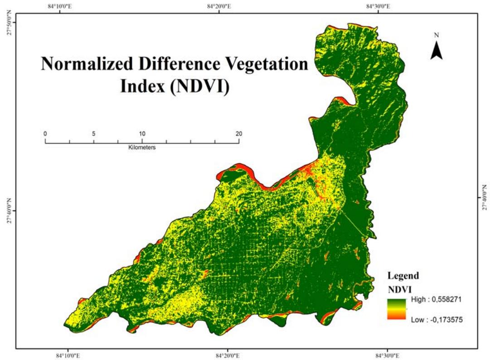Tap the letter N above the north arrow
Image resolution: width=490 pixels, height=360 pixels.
click(x=437, y=35)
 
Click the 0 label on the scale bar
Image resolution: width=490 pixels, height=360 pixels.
click(x=45, y=134)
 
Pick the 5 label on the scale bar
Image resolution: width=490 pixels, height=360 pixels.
click(x=93, y=134)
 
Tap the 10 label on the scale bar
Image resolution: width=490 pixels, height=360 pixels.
click(x=142, y=134)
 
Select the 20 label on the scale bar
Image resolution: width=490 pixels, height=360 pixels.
click(x=238, y=134)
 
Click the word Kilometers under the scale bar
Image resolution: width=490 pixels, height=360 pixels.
click(x=142, y=147)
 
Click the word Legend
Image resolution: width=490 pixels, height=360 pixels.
click(x=403, y=276)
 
